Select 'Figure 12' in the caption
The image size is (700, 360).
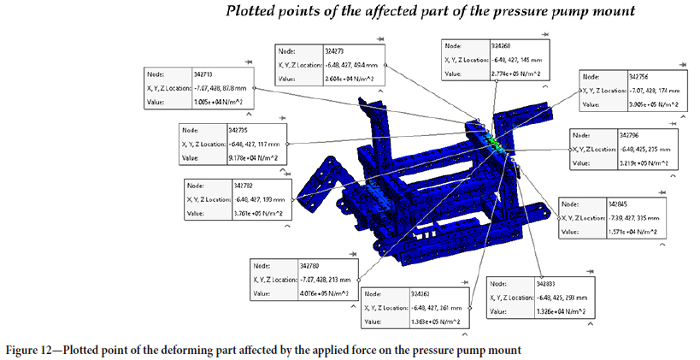coord(32,351)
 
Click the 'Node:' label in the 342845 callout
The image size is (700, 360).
coord(572,204)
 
